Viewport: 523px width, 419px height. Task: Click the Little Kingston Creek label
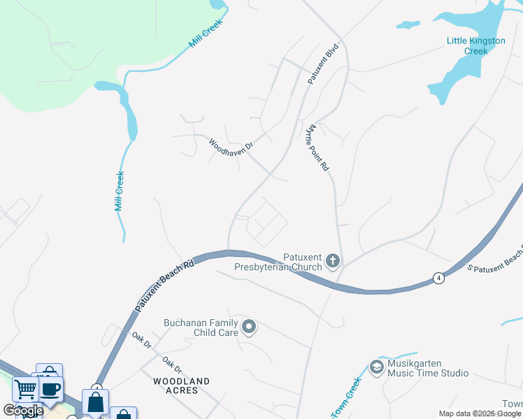click(x=475, y=45)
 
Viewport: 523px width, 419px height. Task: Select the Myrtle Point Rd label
click(x=316, y=147)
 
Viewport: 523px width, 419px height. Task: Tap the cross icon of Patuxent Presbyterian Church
click(x=333, y=262)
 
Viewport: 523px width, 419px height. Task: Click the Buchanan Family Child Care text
click(x=201, y=328)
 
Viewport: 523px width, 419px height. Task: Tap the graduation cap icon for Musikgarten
click(x=377, y=367)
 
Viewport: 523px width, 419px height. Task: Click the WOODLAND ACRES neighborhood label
click(x=181, y=385)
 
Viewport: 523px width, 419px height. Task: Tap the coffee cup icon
click(x=50, y=389)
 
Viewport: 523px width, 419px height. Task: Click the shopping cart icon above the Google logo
click(x=25, y=388)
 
